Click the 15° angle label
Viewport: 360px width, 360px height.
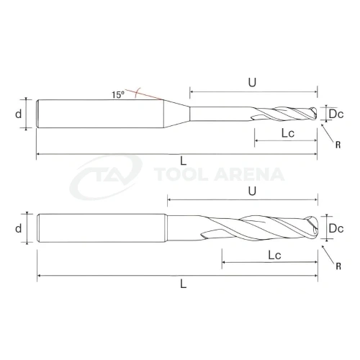coord(118,94)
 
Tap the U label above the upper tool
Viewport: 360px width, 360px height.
coord(252,82)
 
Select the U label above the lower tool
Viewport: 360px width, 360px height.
coord(252,192)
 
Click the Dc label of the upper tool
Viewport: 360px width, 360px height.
coord(336,114)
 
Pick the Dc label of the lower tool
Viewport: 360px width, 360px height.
coord(336,228)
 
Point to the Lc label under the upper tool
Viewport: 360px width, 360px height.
coord(288,132)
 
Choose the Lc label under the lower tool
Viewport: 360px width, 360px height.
coord(274,255)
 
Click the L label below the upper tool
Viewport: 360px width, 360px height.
coord(184,161)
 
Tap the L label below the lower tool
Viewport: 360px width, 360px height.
coord(184,284)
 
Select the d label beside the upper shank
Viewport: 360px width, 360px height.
coord(19,114)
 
